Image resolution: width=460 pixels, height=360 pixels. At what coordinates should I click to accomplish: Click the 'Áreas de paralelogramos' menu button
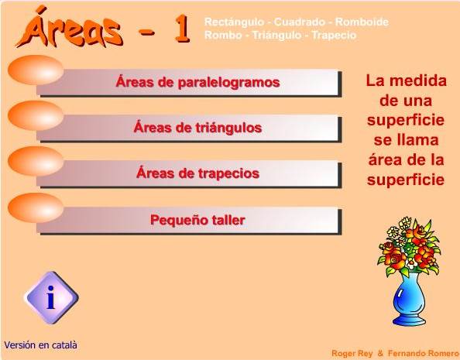[189, 82]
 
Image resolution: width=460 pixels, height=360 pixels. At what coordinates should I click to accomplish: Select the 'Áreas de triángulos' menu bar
[189, 129]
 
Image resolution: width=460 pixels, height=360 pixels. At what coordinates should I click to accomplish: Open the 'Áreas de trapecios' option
[189, 174]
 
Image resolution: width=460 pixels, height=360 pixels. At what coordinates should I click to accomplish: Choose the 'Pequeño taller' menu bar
[189, 221]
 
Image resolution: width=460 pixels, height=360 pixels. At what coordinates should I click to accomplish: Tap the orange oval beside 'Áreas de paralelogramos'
[36, 70]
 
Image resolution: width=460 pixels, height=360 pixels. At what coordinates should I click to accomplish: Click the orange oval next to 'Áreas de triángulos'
[36, 115]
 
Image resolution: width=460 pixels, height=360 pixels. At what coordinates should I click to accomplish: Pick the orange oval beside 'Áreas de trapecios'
[36, 161]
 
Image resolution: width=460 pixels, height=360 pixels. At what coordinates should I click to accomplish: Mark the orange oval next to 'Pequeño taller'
[36, 207]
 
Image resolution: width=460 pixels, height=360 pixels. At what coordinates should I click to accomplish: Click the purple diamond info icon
[51, 297]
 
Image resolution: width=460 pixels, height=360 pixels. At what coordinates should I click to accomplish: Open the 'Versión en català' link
[41, 345]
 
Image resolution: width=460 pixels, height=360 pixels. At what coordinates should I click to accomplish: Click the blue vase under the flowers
[409, 300]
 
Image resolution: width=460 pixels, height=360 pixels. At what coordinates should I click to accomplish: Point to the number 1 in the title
[183, 28]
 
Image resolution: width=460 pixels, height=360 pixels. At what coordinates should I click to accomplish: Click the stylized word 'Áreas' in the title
[70, 28]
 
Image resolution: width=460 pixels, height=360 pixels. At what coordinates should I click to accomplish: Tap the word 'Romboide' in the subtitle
[362, 22]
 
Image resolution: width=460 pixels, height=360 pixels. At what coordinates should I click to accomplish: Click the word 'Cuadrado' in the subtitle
[300, 22]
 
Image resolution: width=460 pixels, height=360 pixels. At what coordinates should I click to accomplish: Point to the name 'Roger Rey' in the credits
[352, 353]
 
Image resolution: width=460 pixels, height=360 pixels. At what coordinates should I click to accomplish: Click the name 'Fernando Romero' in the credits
[424, 353]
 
